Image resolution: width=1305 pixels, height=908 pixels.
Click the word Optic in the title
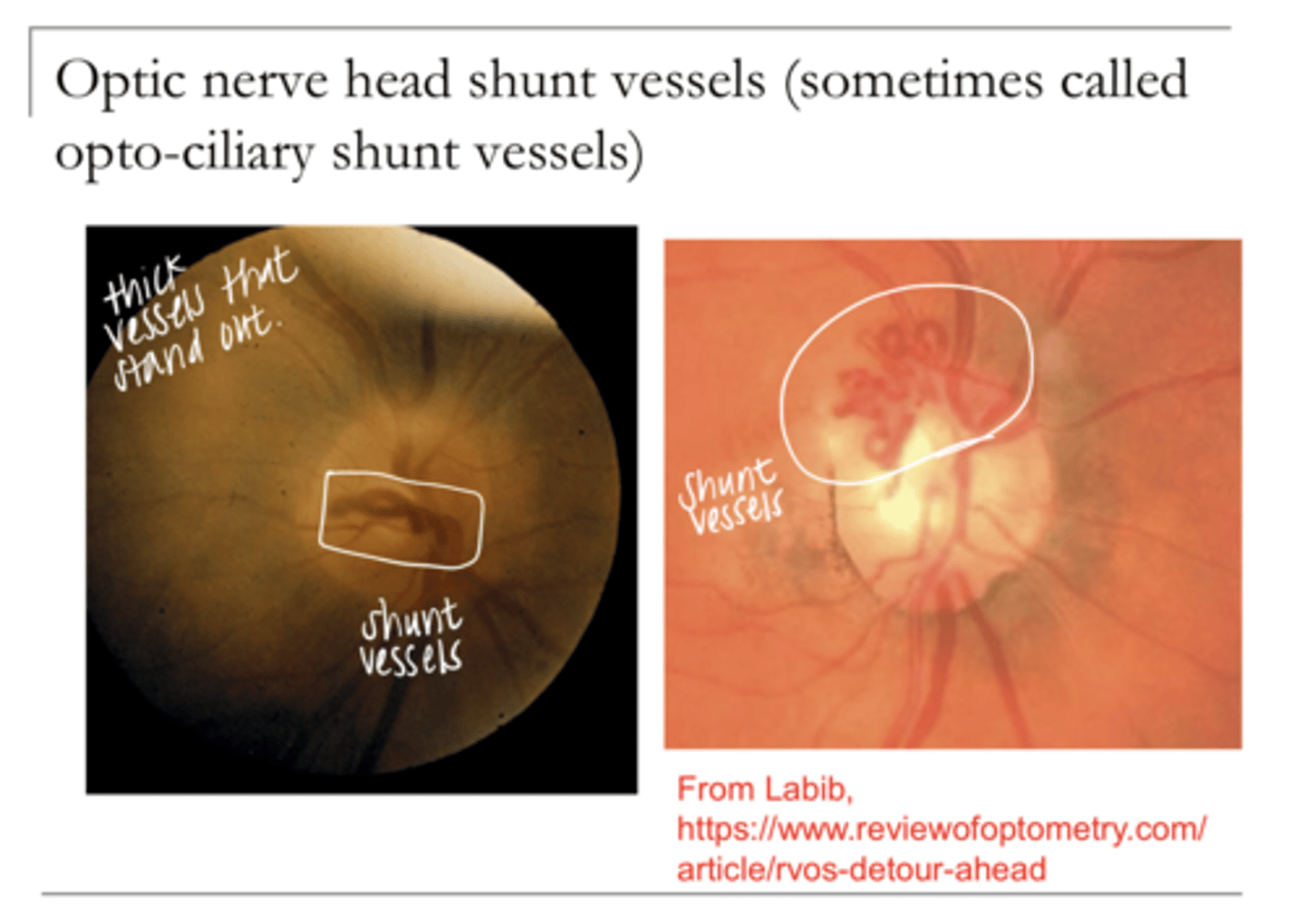(x=120, y=82)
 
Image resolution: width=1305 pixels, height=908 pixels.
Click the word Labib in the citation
(x=806, y=789)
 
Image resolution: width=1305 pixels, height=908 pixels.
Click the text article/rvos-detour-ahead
(x=861, y=869)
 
